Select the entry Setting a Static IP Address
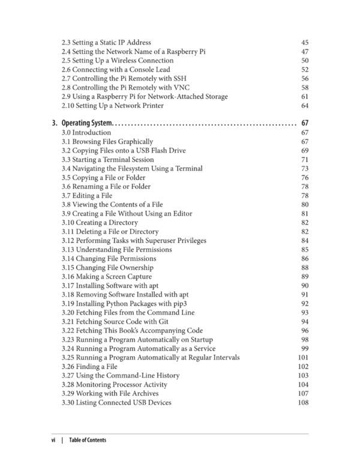[x=106, y=43]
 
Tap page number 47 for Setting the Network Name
[x=305, y=52]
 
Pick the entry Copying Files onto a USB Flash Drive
[x=123, y=151]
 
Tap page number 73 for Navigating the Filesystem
[x=305, y=169]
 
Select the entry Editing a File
[x=86, y=196]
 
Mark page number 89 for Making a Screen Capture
[x=305, y=277]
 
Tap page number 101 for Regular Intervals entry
[x=303, y=358]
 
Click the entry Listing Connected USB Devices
[x=116, y=403]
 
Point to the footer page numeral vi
[x=53, y=440]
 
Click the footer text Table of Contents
[x=88, y=440]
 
